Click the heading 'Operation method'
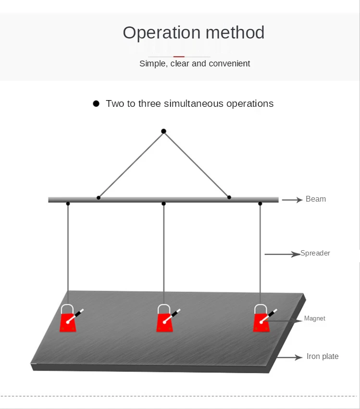click(193, 33)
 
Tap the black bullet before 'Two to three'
click(96, 103)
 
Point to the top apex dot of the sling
click(163, 131)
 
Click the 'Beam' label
click(315, 199)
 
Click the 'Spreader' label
click(315, 253)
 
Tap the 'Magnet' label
click(315, 319)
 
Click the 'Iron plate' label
click(323, 357)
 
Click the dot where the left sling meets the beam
click(99, 197)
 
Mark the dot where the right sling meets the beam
click(229, 197)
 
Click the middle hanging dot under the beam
click(164, 204)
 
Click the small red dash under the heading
click(179, 57)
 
